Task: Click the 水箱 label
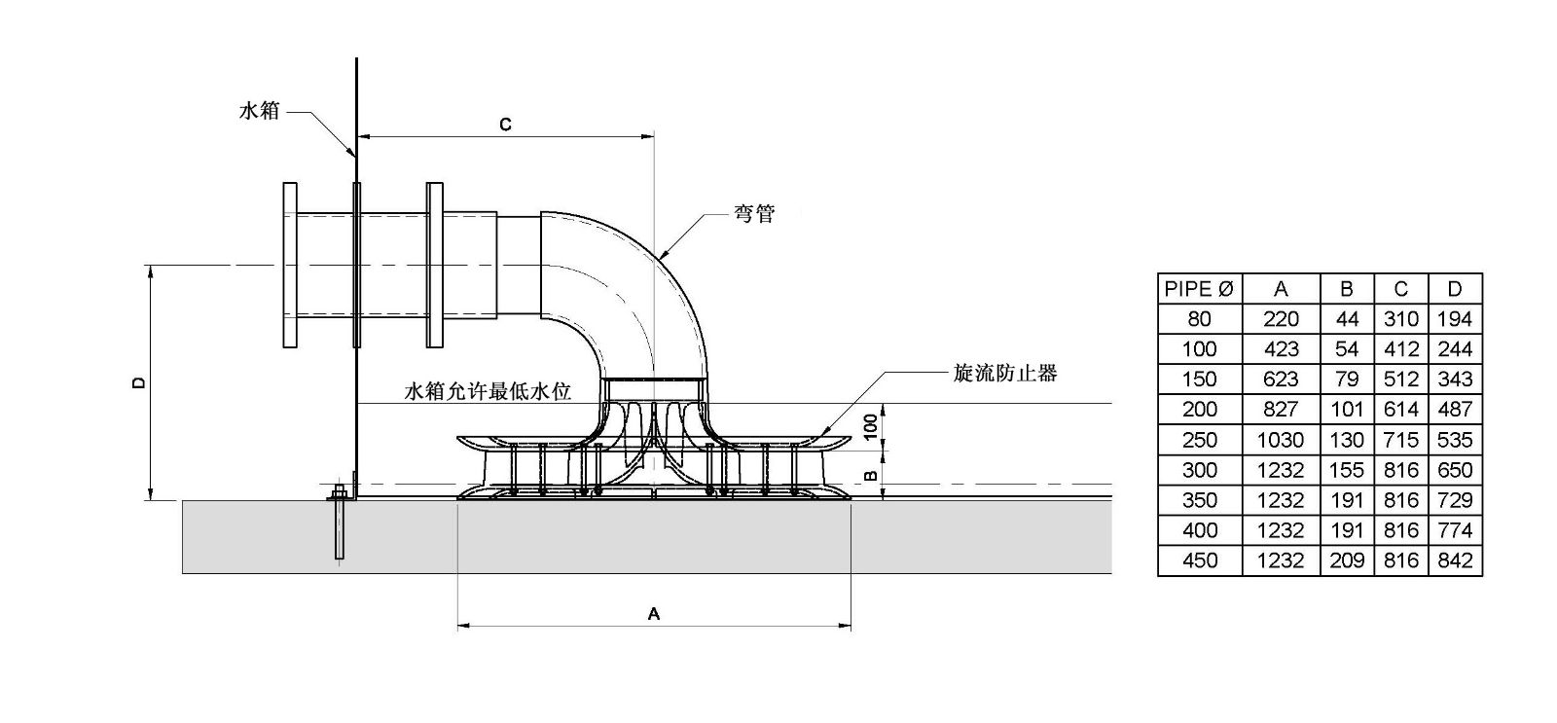260,111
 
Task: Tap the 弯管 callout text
754,214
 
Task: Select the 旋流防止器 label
1005,373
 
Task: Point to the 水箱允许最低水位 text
488,392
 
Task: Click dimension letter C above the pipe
505,125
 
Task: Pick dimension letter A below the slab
654,613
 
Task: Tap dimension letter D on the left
139,382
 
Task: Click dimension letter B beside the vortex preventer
872,476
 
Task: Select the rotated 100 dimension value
872,424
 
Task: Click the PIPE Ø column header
1199,289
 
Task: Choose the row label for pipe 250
1199,440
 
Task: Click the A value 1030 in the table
1280,440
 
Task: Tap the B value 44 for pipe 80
1347,319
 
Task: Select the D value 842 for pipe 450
1454,560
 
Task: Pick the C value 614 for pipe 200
1400,410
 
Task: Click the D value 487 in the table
1454,410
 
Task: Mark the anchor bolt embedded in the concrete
340,525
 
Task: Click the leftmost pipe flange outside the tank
289,265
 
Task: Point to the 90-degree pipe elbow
633,282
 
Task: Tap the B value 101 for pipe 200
1347,410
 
